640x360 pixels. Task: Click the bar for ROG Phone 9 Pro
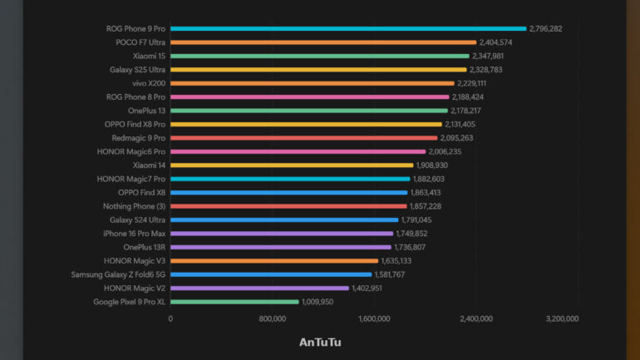tap(348, 28)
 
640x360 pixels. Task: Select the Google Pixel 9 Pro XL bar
tap(234, 302)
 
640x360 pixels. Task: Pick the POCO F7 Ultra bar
tap(323, 42)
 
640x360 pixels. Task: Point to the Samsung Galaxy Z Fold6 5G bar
tap(271, 274)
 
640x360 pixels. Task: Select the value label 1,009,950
tap(318, 302)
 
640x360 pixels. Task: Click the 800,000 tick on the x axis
tap(273, 318)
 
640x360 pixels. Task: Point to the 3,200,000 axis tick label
tap(562, 318)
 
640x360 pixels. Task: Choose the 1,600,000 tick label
tap(375, 318)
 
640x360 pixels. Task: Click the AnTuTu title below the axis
tap(320, 342)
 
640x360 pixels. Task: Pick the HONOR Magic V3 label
tap(135, 261)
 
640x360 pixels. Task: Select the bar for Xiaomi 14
tap(292, 165)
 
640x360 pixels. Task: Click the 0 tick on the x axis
tap(170, 318)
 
